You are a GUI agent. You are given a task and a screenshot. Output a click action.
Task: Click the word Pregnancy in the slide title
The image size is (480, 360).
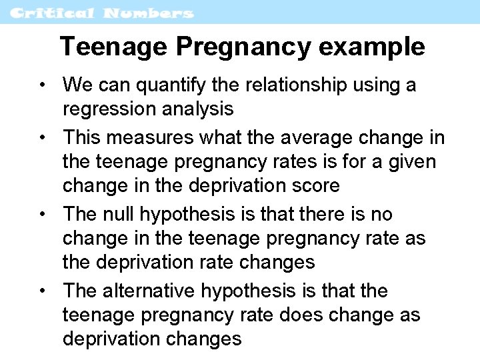pyautogui.click(x=242, y=47)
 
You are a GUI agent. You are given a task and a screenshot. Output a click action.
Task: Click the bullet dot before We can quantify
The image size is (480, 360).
pyautogui.click(x=43, y=85)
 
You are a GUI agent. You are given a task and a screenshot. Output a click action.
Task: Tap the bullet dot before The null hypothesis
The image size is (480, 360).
pyautogui.click(x=43, y=215)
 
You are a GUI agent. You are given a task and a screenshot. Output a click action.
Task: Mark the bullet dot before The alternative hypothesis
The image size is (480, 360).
pyautogui.click(x=43, y=291)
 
